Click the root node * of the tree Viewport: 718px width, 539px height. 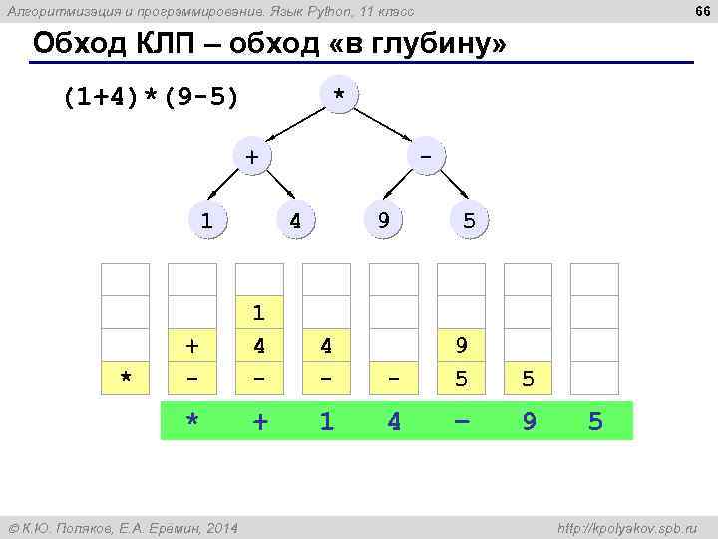[x=340, y=94]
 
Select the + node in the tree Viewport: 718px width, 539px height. [x=251, y=156]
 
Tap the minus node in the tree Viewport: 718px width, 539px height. [x=427, y=156]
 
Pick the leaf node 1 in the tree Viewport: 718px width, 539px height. [x=206, y=219]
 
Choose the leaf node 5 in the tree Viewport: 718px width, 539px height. [x=469, y=219]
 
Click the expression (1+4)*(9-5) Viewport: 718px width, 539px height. [x=150, y=98]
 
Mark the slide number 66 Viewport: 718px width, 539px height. [x=701, y=12]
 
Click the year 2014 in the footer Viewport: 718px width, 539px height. [x=220, y=527]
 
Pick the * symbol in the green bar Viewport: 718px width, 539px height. [x=193, y=421]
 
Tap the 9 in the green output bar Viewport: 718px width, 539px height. [x=530, y=421]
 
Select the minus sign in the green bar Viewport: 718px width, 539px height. [x=461, y=421]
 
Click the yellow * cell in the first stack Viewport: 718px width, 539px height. [x=126, y=378]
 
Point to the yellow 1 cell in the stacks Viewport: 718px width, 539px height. [x=259, y=313]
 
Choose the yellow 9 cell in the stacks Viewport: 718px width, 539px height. [x=461, y=346]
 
